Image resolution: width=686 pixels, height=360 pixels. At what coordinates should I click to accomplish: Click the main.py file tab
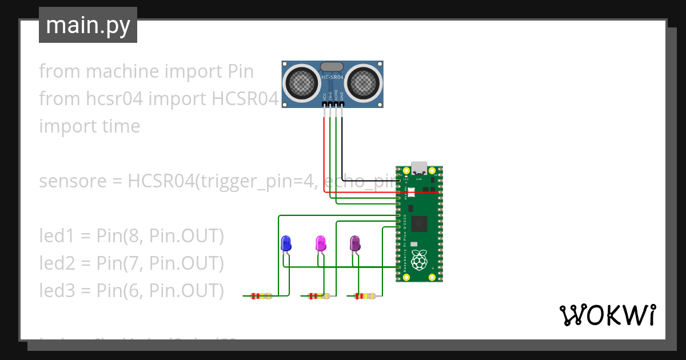coord(87,25)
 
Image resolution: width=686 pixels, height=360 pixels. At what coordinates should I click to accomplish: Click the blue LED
coord(286,243)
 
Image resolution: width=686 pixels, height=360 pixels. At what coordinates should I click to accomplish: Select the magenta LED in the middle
coord(321,243)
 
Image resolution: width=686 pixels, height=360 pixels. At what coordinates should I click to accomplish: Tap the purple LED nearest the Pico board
coord(355,243)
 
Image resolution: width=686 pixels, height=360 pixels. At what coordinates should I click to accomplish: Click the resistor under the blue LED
coord(261,296)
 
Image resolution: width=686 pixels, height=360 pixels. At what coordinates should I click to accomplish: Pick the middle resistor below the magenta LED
coord(318,296)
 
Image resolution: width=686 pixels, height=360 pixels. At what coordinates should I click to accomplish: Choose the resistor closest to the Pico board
coord(365,296)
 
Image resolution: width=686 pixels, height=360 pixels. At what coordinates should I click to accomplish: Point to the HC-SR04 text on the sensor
coord(332,77)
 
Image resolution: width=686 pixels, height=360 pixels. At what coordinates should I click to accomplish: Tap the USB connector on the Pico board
coord(419,167)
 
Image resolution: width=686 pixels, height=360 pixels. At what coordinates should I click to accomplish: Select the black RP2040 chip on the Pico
coord(420,223)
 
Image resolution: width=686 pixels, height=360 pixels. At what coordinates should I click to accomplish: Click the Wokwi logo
coord(607,315)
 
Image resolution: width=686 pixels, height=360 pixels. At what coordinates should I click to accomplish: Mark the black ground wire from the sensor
coord(342,149)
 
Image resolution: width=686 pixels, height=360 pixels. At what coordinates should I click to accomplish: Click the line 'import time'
coord(89,126)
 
